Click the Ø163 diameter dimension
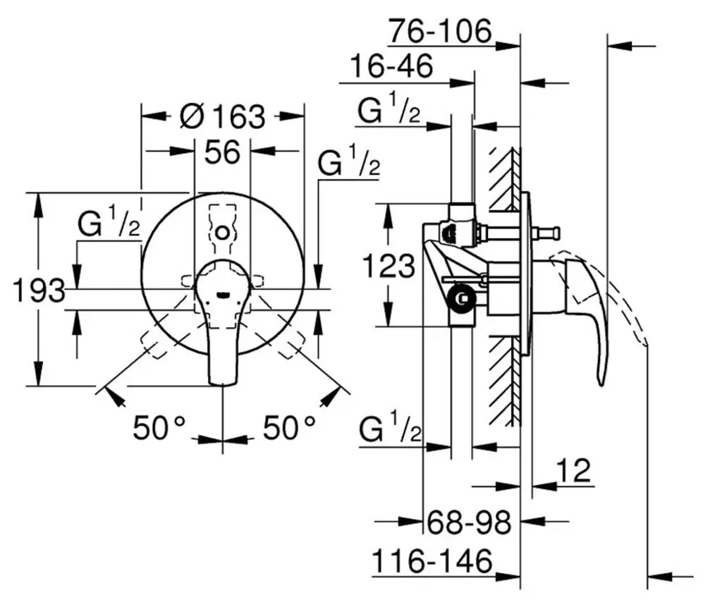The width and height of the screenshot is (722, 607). coord(223,116)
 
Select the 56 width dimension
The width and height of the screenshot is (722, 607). coord(222,152)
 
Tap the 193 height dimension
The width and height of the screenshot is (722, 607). coord(39,290)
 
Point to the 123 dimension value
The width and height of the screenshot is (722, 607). coord(389,266)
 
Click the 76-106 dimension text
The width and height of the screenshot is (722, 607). coord(440,31)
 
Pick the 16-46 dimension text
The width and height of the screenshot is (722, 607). coord(391,66)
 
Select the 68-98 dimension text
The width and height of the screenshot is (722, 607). coord(469,522)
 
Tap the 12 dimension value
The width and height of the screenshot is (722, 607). coord(573,470)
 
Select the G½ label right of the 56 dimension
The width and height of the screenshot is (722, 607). coord(349,160)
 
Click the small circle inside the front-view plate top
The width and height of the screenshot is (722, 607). coord(222,233)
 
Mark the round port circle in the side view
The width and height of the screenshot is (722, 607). coord(462,299)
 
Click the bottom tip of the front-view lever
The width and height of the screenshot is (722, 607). coord(223,384)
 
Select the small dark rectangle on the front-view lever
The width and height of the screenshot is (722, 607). coord(223,293)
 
